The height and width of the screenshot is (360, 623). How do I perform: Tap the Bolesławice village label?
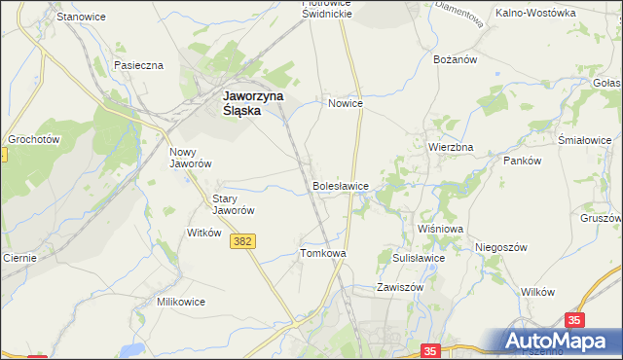[x=340, y=184]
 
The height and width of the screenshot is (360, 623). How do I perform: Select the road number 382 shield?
[x=244, y=241]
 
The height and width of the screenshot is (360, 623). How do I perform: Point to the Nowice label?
[x=346, y=103]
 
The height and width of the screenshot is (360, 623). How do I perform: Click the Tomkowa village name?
[x=323, y=253]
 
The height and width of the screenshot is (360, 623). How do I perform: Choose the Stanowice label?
[x=80, y=18]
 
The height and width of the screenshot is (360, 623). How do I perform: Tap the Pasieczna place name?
[x=138, y=65]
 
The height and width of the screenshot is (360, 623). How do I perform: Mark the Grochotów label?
[x=35, y=139]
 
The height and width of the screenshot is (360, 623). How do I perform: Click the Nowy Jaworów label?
[x=190, y=158]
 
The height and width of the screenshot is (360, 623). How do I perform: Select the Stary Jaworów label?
[x=234, y=204]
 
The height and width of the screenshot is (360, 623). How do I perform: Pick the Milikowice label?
[x=181, y=302]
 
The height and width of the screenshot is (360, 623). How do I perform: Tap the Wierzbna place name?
[x=451, y=147]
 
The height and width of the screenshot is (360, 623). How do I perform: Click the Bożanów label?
[x=454, y=59]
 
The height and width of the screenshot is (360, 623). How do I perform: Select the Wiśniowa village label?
[x=440, y=229]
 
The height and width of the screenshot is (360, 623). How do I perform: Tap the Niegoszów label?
[x=501, y=247]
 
